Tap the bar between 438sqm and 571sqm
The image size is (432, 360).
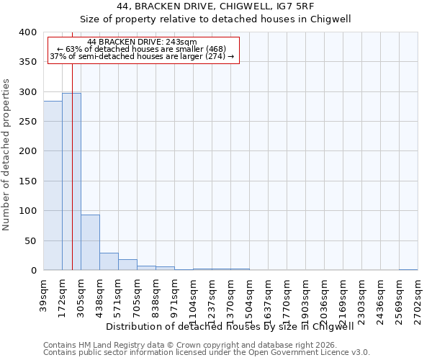109,262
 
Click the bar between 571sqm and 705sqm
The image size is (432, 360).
127,265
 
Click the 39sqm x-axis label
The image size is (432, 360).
44,295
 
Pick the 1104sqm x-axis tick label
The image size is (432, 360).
194,299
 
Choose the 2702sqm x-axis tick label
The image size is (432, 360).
418,299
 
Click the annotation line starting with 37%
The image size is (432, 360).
142,56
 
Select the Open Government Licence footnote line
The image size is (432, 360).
207,353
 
